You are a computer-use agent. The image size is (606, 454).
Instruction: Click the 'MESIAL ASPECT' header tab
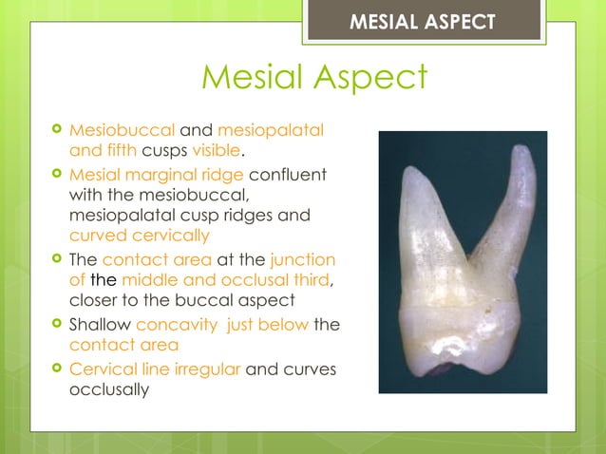tap(423, 21)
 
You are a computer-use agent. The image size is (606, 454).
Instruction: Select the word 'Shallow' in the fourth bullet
tap(100, 325)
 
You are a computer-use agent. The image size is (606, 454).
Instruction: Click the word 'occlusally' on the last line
tap(108, 389)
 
